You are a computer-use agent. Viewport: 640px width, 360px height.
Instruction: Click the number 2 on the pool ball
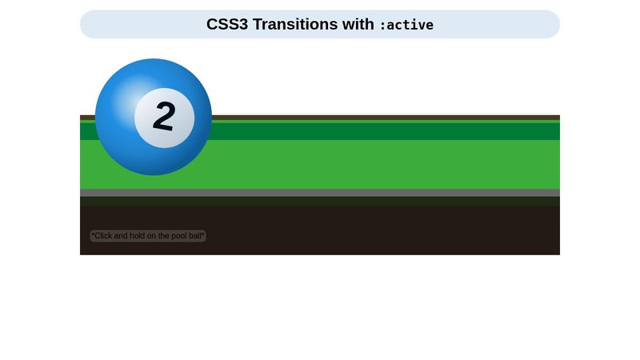click(164, 117)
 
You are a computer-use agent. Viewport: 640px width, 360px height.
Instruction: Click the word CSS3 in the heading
click(227, 25)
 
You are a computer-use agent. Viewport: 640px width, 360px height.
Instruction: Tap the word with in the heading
click(358, 25)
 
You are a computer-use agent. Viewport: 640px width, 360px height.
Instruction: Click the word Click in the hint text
click(103, 236)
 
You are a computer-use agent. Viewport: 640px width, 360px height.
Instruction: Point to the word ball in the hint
click(194, 236)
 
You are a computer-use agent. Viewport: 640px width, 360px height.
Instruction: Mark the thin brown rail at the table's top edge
click(360, 118)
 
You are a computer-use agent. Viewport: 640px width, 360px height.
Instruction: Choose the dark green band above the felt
click(360, 130)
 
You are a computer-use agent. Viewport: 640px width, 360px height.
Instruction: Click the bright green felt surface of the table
click(360, 165)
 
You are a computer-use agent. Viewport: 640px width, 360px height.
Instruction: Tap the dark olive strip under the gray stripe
click(360, 201)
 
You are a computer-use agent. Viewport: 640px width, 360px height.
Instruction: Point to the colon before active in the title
click(382, 26)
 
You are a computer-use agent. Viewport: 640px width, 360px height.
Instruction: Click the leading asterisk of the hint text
click(93, 235)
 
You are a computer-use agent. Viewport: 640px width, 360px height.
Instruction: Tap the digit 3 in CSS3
click(243, 25)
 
